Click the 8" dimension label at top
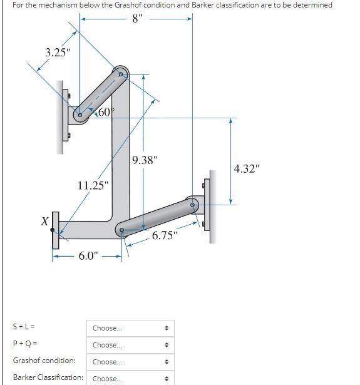138,18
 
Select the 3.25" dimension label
57,52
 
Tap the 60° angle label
105,113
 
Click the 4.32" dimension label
246,168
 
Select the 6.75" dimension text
165,236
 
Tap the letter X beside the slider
44,222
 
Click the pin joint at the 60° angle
80,115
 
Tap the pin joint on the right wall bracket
193,203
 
